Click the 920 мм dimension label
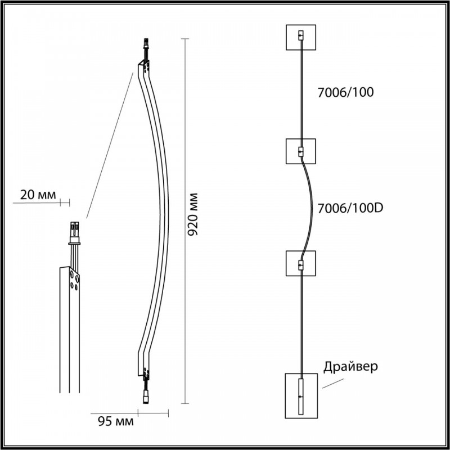click(192, 214)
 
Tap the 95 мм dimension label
click(116, 421)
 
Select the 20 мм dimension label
click(38, 195)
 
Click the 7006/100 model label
click(345, 92)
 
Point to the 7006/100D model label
click(350, 208)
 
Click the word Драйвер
click(350, 367)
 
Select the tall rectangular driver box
click(301, 396)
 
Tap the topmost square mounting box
click(301, 37)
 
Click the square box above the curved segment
click(301, 151)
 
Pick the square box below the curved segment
click(301, 263)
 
